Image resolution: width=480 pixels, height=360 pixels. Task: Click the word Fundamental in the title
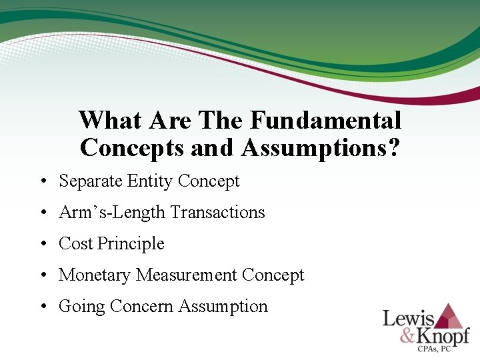tap(326, 121)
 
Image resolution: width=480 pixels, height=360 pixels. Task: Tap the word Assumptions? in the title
tap(321, 147)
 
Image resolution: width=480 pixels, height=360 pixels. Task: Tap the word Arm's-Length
tap(112, 213)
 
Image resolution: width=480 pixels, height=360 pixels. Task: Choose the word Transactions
tap(218, 212)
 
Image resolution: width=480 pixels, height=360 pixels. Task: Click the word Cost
tap(76, 243)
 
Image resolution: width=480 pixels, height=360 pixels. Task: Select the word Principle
tap(131, 244)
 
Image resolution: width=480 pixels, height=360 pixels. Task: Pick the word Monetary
tap(95, 275)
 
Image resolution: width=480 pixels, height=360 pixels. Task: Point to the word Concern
tap(143, 306)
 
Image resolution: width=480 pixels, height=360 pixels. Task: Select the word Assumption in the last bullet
tap(224, 307)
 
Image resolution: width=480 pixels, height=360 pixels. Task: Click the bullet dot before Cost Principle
tap(42, 244)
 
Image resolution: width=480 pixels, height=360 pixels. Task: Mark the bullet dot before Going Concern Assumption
tap(42, 307)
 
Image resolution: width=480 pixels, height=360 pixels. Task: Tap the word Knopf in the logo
tap(443, 335)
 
